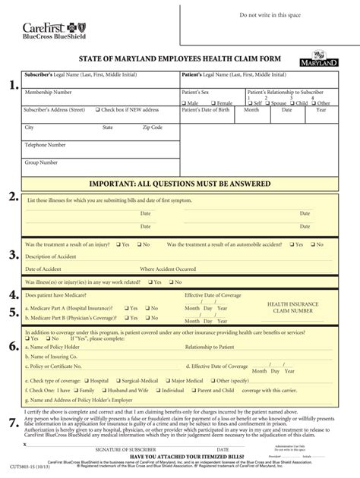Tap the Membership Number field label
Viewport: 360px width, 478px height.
(x=48, y=92)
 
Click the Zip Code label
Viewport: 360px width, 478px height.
(x=153, y=127)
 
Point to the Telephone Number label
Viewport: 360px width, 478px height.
(x=46, y=144)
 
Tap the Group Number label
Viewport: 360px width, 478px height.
(x=42, y=162)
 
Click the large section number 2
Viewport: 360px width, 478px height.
(x=13, y=198)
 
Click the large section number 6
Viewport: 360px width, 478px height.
(x=13, y=347)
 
